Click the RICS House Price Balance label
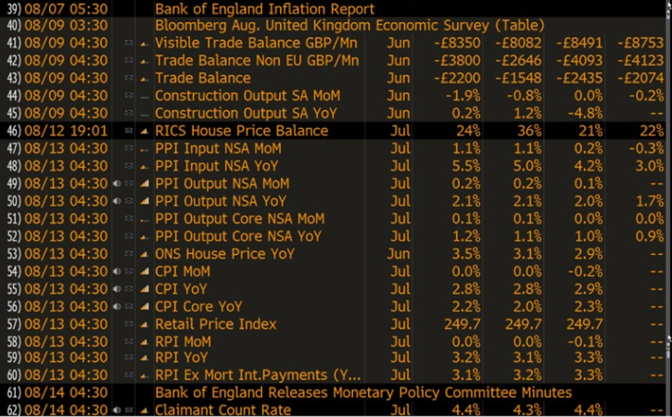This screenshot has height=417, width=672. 241,131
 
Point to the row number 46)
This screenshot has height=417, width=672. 14,131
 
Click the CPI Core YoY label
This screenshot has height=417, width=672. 198,307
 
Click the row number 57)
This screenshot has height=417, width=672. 14,324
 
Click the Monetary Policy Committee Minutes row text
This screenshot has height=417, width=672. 363,393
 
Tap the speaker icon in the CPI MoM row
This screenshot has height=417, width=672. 118,272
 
